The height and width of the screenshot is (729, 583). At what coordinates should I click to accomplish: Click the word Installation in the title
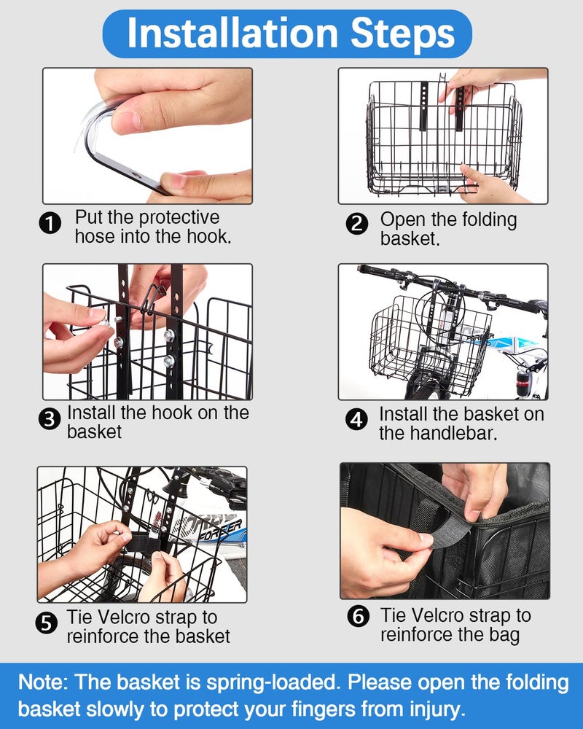[x=232, y=33]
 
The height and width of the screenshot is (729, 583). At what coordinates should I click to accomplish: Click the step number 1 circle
[x=50, y=224]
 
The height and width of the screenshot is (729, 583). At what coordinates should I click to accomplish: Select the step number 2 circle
[x=357, y=224]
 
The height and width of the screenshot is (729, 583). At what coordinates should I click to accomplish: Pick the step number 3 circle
[x=50, y=419]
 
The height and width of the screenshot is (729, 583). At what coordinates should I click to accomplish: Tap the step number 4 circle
[x=356, y=420]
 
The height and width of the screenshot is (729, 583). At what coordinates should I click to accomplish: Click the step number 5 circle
[x=47, y=623]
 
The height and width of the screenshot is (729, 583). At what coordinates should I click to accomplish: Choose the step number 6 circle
[x=359, y=617]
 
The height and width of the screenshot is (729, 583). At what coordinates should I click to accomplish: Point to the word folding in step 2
[x=488, y=220]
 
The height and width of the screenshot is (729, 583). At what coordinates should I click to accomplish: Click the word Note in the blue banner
[x=43, y=682]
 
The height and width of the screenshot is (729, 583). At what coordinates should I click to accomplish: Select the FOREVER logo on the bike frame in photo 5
[x=219, y=531]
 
